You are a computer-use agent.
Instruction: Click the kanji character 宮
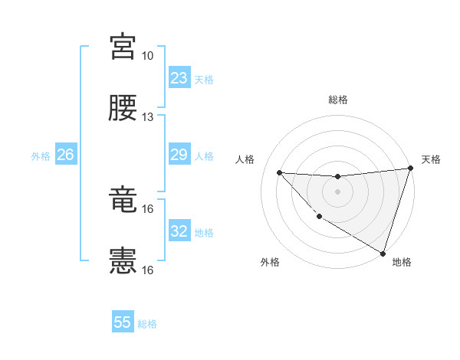[123, 47]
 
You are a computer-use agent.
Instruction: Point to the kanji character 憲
[123, 261]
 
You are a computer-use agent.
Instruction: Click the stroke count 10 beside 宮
[148, 57]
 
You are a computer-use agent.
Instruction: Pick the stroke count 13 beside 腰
[148, 117]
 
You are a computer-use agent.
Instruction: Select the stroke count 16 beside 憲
[148, 270]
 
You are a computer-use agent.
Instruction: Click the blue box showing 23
[179, 78]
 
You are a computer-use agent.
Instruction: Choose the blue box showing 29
[179, 155]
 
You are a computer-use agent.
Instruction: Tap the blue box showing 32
[179, 231]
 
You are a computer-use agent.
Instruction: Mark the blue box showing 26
[65, 155]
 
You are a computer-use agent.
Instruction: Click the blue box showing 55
[123, 322]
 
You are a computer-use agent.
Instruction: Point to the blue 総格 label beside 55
[148, 324]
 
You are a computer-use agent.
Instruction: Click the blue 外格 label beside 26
[41, 156]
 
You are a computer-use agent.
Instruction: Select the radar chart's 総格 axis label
[337, 100]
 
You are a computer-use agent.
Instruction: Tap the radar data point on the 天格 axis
[410, 169]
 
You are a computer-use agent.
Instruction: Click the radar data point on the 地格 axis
[383, 253]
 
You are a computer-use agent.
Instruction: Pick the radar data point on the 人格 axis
[280, 172]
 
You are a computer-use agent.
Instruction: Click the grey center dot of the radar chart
[337, 191]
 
